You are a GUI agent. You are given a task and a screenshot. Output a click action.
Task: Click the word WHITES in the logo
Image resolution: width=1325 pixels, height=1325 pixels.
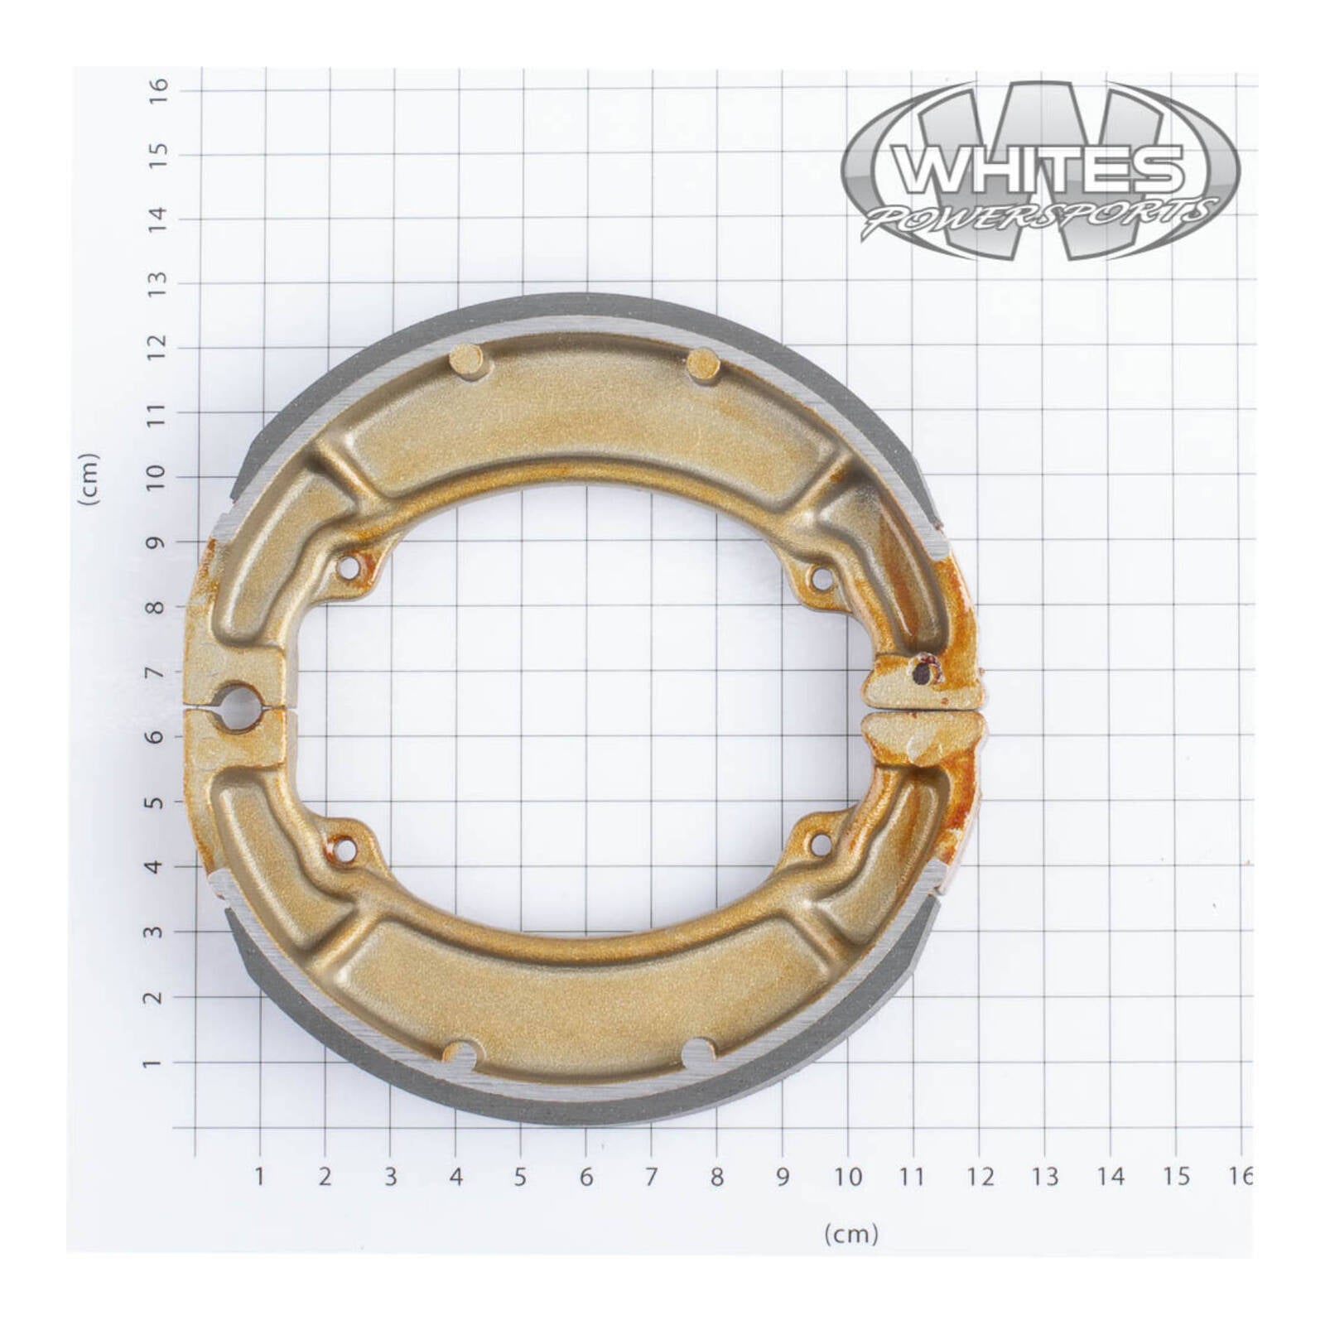(x=1042, y=169)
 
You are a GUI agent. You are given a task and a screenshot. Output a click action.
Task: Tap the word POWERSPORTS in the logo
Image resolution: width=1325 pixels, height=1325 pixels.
(x=1042, y=218)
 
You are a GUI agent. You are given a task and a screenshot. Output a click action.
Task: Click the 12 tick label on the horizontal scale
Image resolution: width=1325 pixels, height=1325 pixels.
(x=980, y=1176)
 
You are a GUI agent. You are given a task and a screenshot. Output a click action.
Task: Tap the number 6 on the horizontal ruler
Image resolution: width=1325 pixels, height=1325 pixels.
(x=585, y=1176)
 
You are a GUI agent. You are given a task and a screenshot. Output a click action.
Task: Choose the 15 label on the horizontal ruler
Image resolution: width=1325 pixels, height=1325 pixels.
(x=1176, y=1176)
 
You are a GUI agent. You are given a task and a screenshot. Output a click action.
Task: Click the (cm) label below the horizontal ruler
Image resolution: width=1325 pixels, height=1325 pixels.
(x=850, y=1235)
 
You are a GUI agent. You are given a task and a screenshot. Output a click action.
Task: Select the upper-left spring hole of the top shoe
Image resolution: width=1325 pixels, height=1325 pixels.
(x=349, y=567)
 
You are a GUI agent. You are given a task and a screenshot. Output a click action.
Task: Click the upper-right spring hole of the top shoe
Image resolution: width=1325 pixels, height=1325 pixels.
(x=820, y=578)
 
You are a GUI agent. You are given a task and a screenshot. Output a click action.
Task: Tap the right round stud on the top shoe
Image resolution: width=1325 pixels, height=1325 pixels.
(x=704, y=363)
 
